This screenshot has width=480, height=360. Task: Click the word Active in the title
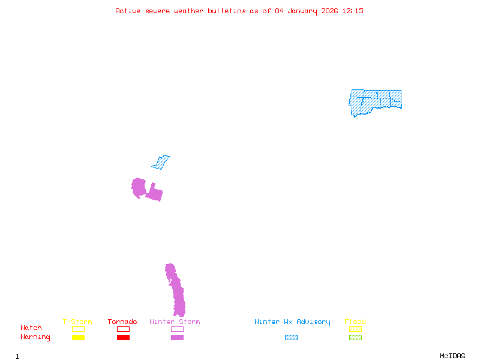[x=128, y=11]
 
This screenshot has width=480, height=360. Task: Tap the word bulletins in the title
[x=227, y=11]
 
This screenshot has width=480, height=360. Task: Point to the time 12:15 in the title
[x=353, y=11]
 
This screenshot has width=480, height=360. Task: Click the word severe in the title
[x=158, y=11]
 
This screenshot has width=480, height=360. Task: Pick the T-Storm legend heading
[x=77, y=322]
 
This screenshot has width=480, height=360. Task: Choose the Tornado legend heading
[x=122, y=322]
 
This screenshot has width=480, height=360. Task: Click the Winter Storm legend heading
[x=175, y=322]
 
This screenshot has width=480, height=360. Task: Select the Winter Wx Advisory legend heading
[x=292, y=322]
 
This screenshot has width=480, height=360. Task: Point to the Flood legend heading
[x=355, y=322]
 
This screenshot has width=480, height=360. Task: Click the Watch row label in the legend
[x=31, y=328]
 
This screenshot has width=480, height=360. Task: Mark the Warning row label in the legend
[x=35, y=337]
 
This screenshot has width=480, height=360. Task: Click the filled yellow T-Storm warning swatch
[x=78, y=338]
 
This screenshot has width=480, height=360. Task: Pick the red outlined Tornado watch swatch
[x=123, y=329]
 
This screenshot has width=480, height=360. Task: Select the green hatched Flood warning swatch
[x=355, y=338]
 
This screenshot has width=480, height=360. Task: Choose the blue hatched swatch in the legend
[x=291, y=338]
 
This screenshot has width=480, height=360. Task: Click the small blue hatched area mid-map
[x=161, y=162]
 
